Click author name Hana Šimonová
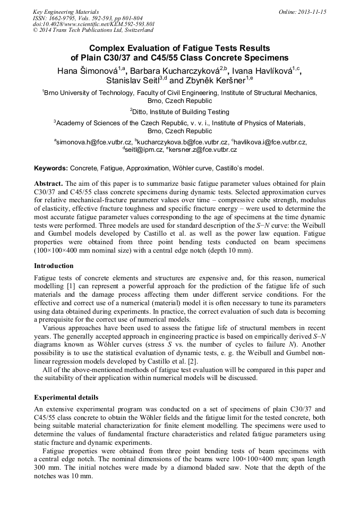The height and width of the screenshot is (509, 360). point(87,70)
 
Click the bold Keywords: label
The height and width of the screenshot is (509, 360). point(51,168)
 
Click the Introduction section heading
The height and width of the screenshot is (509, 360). point(54,266)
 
